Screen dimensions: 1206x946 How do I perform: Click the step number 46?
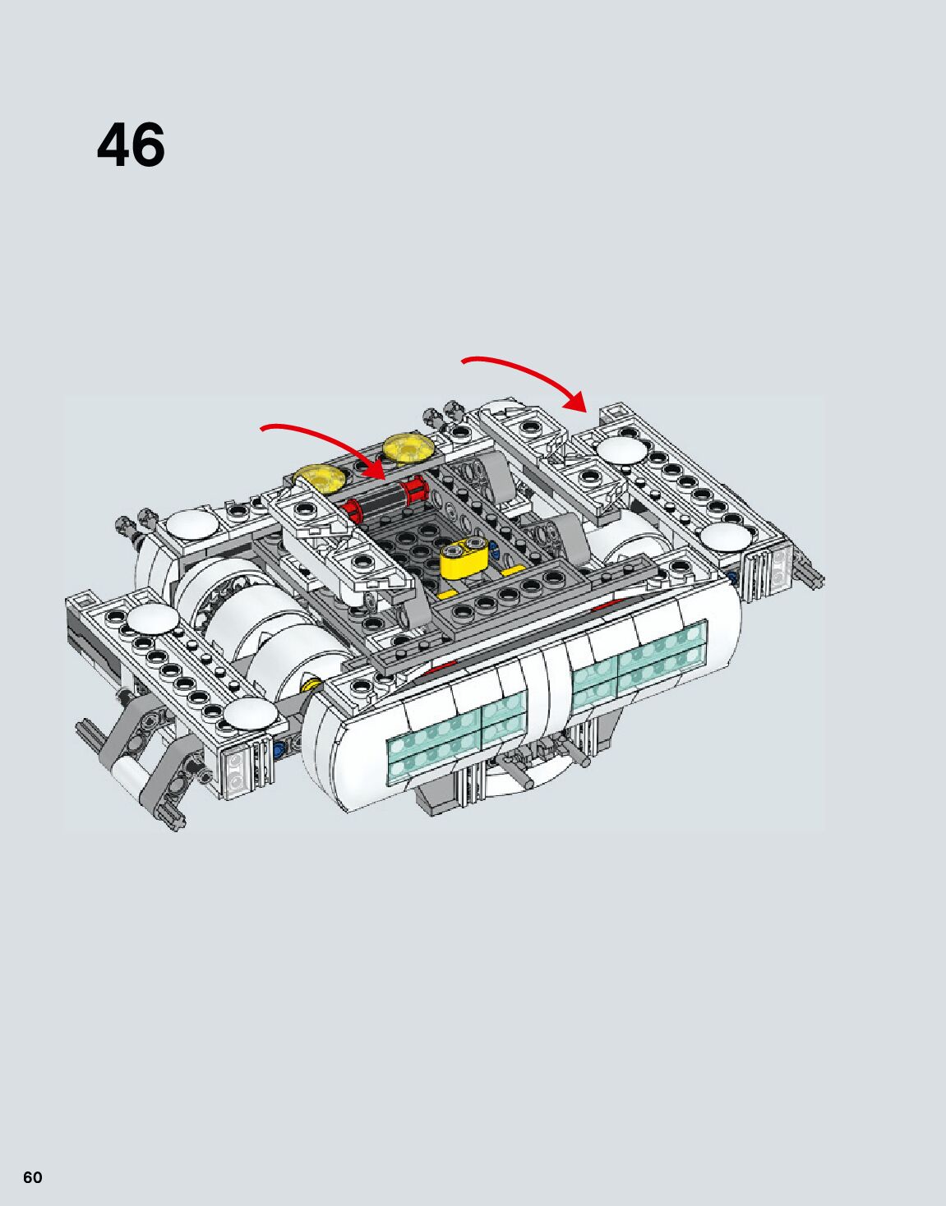point(132,146)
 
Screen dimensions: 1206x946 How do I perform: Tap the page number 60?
point(33,1177)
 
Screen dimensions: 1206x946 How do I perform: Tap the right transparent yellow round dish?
point(408,448)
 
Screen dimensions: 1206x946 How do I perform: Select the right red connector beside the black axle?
point(414,490)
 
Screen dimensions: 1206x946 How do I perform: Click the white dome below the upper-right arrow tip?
point(622,449)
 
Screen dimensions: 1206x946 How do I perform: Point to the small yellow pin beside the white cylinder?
point(311,684)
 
